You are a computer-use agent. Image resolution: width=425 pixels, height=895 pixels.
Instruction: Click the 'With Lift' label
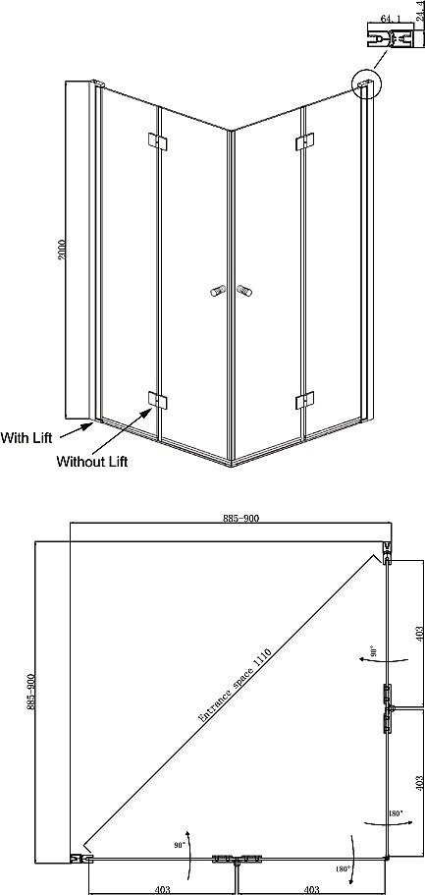(27, 438)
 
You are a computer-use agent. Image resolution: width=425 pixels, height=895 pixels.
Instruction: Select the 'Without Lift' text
(92, 462)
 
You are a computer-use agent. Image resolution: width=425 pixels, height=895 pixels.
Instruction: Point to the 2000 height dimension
(62, 250)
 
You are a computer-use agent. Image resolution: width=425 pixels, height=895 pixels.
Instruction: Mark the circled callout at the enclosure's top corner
(367, 84)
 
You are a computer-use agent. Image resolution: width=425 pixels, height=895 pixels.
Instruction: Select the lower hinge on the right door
(304, 400)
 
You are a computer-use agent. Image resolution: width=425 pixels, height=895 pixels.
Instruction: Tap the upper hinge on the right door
(304, 142)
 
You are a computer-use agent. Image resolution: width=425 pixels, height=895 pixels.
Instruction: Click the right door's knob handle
(243, 291)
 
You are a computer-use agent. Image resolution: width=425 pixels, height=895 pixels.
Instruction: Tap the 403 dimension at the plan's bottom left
(162, 889)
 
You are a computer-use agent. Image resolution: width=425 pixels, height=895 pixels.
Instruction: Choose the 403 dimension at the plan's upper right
(420, 634)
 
